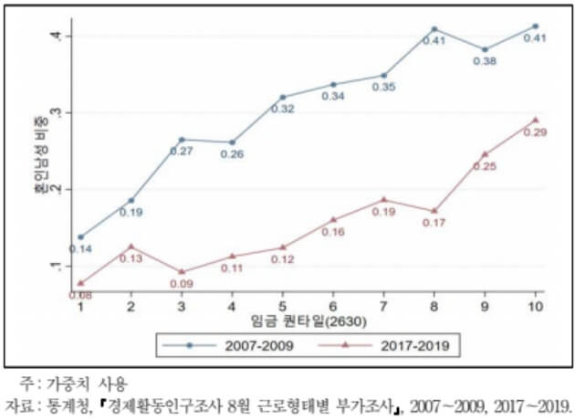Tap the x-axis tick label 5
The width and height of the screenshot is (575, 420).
[283, 308]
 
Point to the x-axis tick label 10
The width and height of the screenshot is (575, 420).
[535, 308]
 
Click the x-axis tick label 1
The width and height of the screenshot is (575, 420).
[80, 308]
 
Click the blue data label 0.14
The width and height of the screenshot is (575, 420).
[80, 249]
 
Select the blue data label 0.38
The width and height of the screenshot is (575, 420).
[486, 62]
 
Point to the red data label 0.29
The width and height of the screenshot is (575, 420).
[534, 132]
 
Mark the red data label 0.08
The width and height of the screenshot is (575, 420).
[80, 294]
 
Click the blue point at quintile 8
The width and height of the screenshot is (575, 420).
[434, 29]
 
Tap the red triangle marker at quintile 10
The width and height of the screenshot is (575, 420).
[535, 120]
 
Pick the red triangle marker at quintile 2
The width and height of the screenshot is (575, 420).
[131, 247]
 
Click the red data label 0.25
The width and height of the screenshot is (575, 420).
[485, 166]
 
